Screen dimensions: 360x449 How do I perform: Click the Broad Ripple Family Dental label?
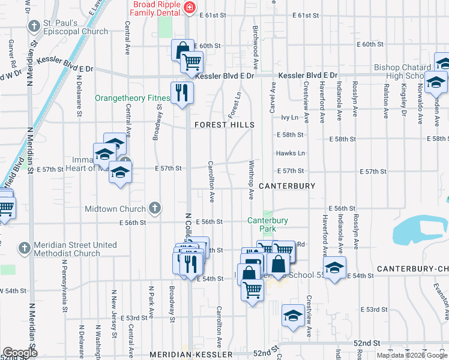click(156, 7)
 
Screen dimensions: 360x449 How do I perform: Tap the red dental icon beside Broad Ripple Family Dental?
click(190, 7)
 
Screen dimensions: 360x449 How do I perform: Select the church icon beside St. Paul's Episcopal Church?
click(34, 26)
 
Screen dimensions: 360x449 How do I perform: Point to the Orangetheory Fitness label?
click(132, 98)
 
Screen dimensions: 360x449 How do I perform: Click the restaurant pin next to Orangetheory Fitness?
click(182, 92)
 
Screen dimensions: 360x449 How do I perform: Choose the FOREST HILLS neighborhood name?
click(224, 125)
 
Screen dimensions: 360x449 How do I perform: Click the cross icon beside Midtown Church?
click(154, 208)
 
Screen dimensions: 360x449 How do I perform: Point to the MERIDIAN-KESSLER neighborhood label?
click(191, 355)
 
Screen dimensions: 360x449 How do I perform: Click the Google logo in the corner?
click(20, 353)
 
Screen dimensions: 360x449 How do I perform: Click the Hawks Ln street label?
click(291, 154)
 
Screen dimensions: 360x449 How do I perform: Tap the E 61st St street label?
click(215, 14)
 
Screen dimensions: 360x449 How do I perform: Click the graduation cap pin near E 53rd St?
click(292, 317)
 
